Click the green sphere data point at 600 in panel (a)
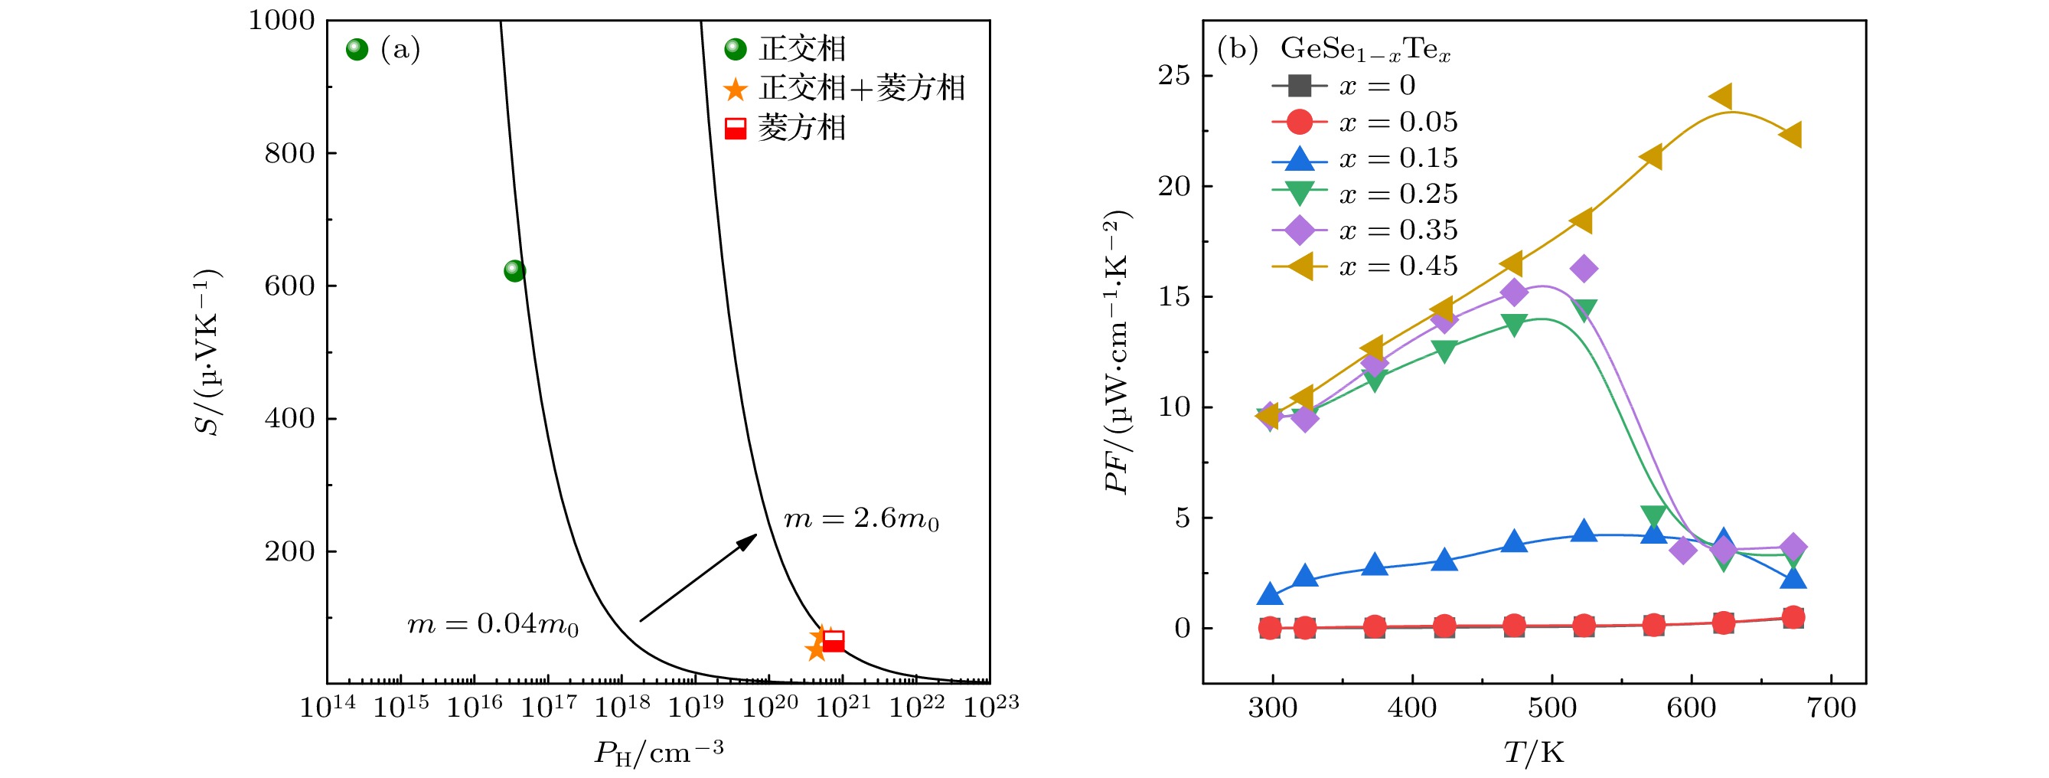pyautogui.click(x=514, y=271)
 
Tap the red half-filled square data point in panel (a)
pyautogui.click(x=833, y=640)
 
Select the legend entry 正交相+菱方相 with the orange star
pyautogui.click(x=846, y=88)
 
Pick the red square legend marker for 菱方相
pyautogui.click(x=736, y=129)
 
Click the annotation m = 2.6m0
pyautogui.click(x=861, y=519)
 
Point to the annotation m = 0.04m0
pyautogui.click(x=493, y=625)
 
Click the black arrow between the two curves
pyautogui.click(x=698, y=577)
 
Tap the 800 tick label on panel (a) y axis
pyautogui.click(x=289, y=152)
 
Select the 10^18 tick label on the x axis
pyautogui.click(x=622, y=705)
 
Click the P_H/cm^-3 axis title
pyautogui.click(x=658, y=752)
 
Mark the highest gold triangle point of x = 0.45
pyautogui.click(x=1721, y=97)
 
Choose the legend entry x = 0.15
pyautogui.click(x=1365, y=159)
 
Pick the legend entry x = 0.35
pyautogui.click(x=1365, y=230)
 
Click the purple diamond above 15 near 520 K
pyautogui.click(x=1584, y=269)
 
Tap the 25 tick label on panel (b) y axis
pyautogui.click(x=1174, y=76)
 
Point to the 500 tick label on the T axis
pyautogui.click(x=1551, y=708)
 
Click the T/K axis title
pyautogui.click(x=1534, y=752)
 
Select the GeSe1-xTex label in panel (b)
pyautogui.click(x=1365, y=49)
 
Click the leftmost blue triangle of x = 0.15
pyautogui.click(x=1270, y=594)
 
